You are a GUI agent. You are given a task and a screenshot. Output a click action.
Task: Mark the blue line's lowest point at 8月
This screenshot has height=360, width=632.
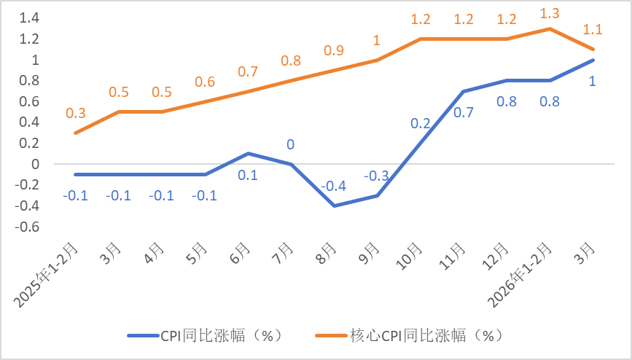(x=335, y=206)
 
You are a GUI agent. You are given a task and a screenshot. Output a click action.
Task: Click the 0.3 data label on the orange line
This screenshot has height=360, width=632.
(x=75, y=113)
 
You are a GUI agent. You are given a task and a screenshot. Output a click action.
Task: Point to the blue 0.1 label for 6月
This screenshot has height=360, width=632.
(x=248, y=175)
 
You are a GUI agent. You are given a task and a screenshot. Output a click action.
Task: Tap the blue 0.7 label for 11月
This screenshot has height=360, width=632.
(x=464, y=113)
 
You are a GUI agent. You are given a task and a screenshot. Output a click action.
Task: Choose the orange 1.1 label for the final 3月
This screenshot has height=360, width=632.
(x=593, y=30)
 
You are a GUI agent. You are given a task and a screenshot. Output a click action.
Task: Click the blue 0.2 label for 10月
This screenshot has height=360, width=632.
(x=420, y=124)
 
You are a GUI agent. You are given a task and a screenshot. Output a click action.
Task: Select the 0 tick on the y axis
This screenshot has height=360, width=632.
(x=33, y=164)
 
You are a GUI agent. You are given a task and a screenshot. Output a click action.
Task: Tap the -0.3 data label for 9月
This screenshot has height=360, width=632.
(x=377, y=176)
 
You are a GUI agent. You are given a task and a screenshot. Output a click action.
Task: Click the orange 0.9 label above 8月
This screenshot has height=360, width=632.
(x=334, y=51)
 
